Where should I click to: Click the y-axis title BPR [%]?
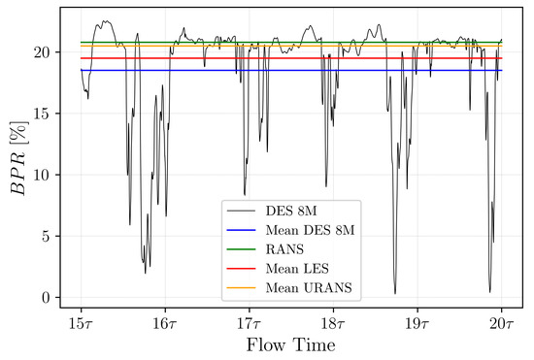(18, 156)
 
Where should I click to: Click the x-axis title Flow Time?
(290, 344)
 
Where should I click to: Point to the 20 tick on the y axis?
(45, 52)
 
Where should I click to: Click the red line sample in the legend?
(240, 269)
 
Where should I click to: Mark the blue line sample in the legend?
(240, 231)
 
